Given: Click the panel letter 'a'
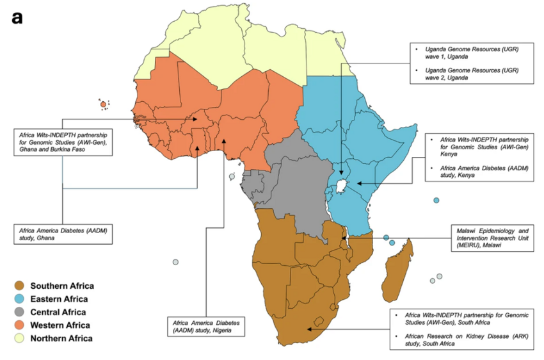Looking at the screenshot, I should click(x=17, y=17).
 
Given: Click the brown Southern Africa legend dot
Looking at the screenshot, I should click(x=20, y=286).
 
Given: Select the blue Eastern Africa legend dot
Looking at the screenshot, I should click(x=20, y=299).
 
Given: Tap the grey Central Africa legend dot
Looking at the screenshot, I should click(x=20, y=312).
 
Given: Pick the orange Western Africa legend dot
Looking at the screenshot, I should click(x=20, y=325).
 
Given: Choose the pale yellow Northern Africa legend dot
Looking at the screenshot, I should click(x=20, y=338).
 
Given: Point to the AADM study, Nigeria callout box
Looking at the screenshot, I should click(x=205, y=326).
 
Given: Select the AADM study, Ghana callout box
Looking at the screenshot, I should click(x=63, y=233).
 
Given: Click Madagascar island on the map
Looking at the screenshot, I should click(x=396, y=272).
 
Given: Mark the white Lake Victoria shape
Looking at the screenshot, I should click(x=344, y=184).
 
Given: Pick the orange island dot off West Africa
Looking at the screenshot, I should click(x=103, y=104).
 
